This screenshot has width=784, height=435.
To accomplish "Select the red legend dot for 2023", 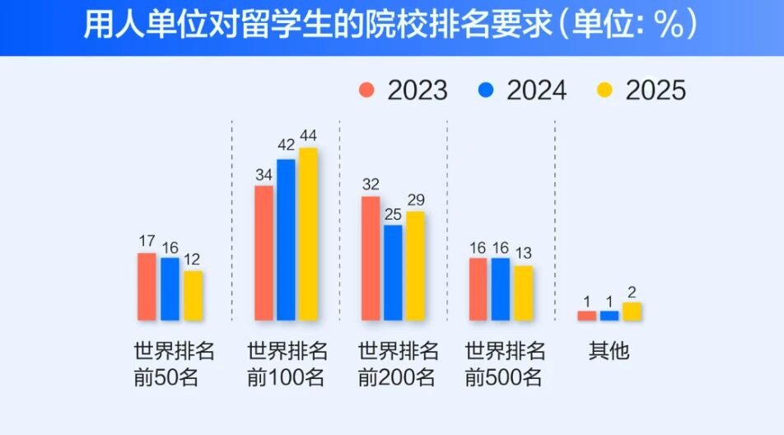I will [367, 89].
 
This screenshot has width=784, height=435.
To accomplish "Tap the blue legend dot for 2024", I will [486, 89].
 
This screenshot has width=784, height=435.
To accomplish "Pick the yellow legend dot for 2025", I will [605, 89].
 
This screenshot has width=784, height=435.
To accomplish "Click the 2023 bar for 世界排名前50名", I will [147, 286].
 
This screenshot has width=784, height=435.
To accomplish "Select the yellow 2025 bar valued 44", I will [308, 234].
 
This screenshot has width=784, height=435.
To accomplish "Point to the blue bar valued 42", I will [286, 239].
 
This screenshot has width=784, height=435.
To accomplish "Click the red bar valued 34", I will [264, 252].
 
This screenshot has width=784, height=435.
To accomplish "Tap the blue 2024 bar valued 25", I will [393, 272].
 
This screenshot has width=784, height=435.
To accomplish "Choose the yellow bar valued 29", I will [415, 265].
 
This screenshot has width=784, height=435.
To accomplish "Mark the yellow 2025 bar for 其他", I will [632, 311].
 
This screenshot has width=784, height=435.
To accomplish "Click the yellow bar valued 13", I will [523, 292].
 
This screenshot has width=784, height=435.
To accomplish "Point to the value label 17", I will [147, 241].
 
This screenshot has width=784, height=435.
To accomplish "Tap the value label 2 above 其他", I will [632, 292].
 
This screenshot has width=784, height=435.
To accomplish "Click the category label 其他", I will [609, 351].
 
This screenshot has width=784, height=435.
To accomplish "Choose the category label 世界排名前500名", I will [505, 364].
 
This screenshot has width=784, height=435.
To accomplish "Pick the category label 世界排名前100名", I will [287, 364].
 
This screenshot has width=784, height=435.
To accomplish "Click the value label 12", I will [192, 260].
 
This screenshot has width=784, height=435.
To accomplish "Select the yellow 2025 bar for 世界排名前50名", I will [193, 295].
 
